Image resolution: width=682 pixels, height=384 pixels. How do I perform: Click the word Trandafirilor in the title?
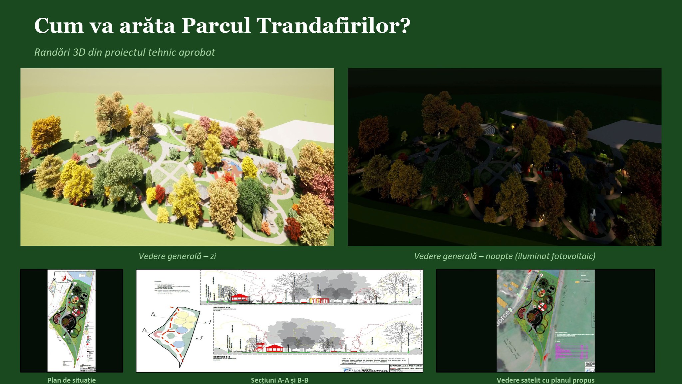pos(333,26)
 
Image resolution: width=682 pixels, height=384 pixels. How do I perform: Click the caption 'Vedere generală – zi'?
pos(177,256)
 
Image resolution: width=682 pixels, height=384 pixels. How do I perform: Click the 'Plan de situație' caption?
pos(71,380)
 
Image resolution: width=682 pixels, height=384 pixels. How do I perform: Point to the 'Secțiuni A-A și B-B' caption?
pos(279,380)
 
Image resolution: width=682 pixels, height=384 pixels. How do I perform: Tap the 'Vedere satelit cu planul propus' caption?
pos(545,380)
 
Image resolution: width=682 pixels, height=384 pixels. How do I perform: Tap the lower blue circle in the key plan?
pos(179,344)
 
